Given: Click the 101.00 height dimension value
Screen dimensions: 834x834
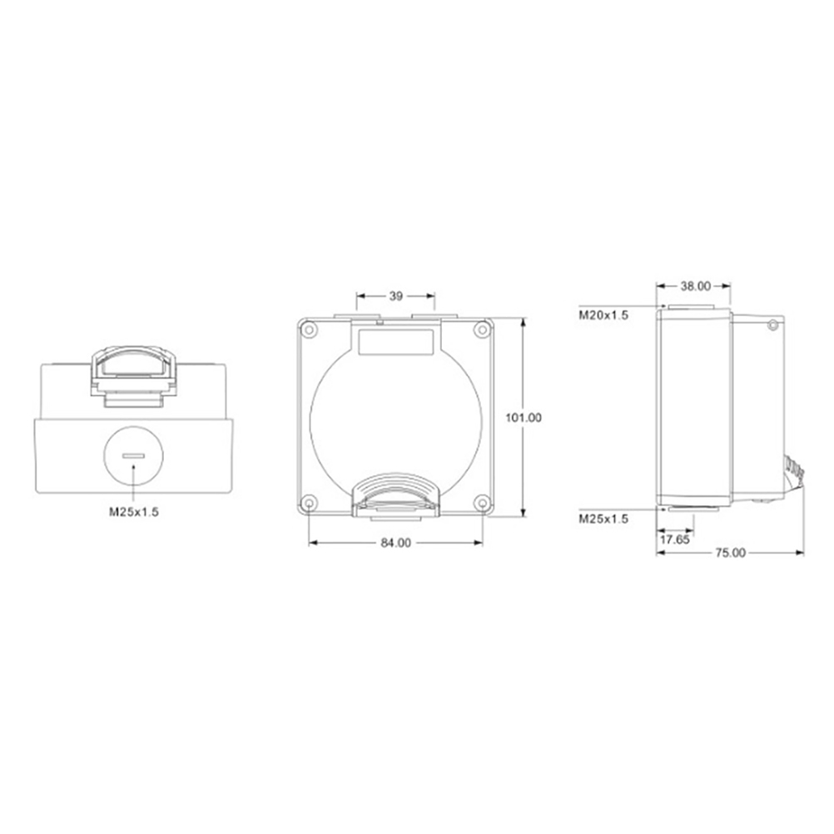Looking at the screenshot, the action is (x=524, y=418).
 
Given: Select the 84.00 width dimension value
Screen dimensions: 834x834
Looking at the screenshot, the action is (x=395, y=543).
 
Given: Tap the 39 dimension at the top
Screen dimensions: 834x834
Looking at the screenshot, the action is (x=395, y=296).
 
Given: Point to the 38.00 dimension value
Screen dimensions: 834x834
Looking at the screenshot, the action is (x=696, y=286).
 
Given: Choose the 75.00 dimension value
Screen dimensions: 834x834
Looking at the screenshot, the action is (x=730, y=554).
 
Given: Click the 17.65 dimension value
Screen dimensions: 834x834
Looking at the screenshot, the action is (x=674, y=540).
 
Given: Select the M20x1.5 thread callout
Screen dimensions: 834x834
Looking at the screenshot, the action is (x=603, y=315).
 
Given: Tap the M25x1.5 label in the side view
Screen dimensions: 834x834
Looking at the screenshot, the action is (x=603, y=519).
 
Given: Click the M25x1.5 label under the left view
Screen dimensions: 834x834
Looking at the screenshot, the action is (x=134, y=512).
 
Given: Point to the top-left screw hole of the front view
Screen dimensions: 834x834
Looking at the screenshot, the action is (x=309, y=330).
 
